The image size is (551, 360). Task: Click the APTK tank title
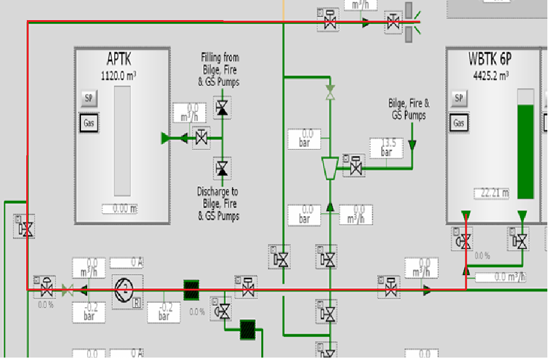click(119, 59)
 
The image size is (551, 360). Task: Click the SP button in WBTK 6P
click(460, 98)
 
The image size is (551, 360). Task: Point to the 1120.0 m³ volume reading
click(119, 76)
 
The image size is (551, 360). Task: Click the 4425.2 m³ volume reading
click(491, 76)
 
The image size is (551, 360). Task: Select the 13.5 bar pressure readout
click(387, 147)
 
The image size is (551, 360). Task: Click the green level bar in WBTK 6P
click(525, 152)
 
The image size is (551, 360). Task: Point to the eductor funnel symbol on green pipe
click(329, 168)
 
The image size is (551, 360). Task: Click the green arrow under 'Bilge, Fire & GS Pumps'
click(412, 145)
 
